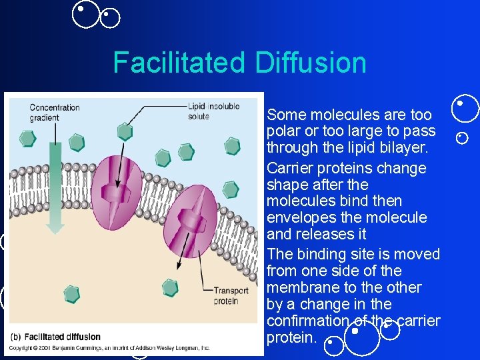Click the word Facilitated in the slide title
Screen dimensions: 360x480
(x=179, y=63)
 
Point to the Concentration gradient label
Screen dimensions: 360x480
(x=54, y=112)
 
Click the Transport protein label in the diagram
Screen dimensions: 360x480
(x=231, y=295)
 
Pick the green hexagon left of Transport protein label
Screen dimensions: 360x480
(x=171, y=288)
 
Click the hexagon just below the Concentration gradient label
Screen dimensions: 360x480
(x=27, y=138)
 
